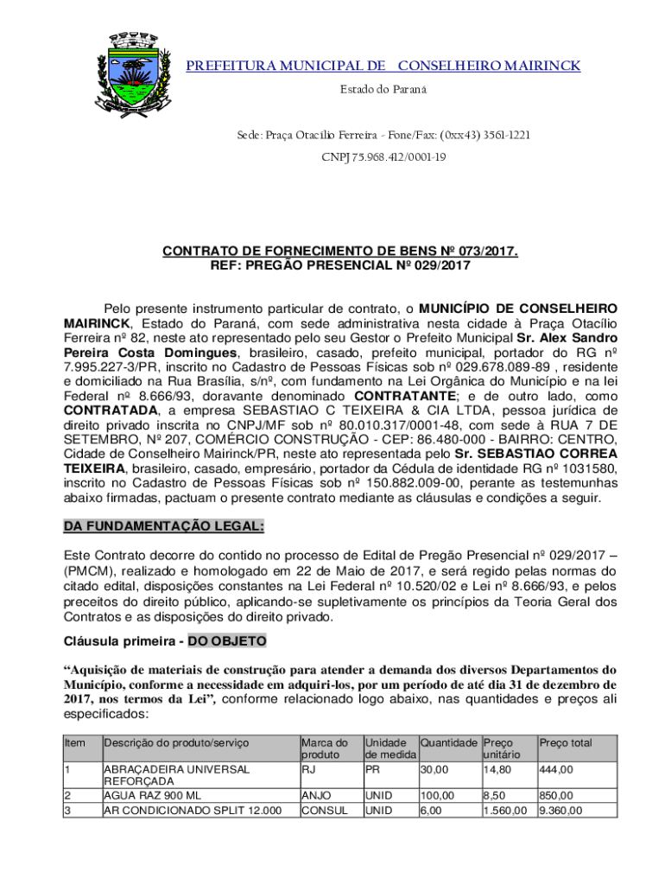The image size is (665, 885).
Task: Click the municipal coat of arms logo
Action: (x=131, y=73)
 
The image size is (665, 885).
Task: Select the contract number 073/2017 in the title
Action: (x=486, y=251)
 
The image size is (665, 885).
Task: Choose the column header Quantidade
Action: (x=448, y=742)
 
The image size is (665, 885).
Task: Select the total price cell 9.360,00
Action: (x=560, y=811)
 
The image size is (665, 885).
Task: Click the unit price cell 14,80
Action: (x=496, y=769)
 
